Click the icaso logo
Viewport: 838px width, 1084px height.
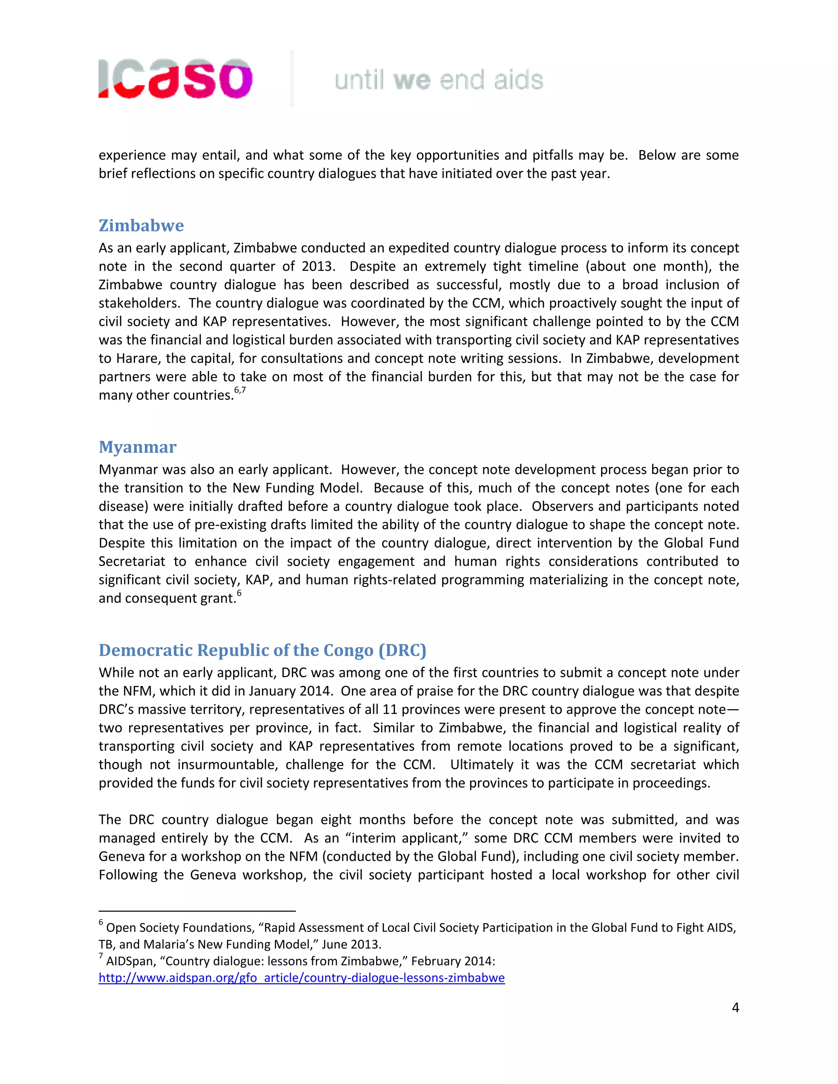(x=175, y=79)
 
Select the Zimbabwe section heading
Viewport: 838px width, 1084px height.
(x=141, y=225)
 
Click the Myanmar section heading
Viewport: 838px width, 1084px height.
(x=137, y=447)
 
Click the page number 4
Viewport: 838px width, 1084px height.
(x=735, y=1008)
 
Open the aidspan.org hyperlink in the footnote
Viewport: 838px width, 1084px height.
(x=301, y=978)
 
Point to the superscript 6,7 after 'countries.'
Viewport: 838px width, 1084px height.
(x=240, y=391)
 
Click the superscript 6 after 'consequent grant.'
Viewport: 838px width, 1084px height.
(x=239, y=593)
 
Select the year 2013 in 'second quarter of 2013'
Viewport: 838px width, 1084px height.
(x=317, y=267)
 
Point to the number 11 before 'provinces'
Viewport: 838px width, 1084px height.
(x=390, y=709)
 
